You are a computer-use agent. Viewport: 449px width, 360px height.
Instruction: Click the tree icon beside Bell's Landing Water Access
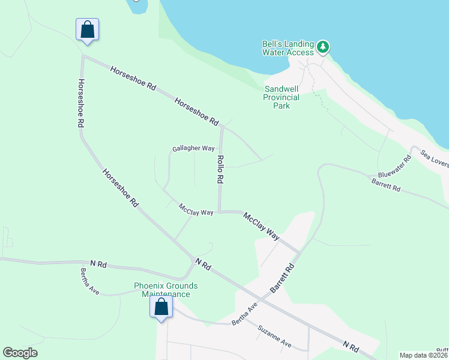tap(323, 47)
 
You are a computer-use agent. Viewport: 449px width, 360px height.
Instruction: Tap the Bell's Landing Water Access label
tap(288, 48)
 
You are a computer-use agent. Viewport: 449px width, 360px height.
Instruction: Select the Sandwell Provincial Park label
tap(282, 97)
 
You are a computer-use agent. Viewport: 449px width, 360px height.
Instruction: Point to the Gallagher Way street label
tap(193, 148)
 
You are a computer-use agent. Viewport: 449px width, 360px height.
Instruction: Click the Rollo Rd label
tap(220, 169)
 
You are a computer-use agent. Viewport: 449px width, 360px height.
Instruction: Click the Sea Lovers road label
tap(435, 159)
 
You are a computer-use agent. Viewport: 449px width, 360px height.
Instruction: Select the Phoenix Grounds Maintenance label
tap(166, 290)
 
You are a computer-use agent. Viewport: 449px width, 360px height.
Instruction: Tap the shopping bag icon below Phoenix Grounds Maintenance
tap(161, 307)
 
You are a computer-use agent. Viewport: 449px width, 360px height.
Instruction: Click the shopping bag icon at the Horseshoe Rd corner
tap(87, 29)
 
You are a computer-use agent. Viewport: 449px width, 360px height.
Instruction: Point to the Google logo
tap(20, 353)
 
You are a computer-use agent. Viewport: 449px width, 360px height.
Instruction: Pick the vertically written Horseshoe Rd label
tap(80, 103)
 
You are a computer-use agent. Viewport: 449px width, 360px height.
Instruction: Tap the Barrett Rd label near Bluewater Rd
tap(385, 184)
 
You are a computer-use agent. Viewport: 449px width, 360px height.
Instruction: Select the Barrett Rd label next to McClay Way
tap(283, 278)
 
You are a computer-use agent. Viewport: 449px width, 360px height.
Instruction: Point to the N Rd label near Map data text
tap(351, 347)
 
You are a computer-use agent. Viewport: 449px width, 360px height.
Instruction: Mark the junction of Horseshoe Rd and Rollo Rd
tap(222, 127)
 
